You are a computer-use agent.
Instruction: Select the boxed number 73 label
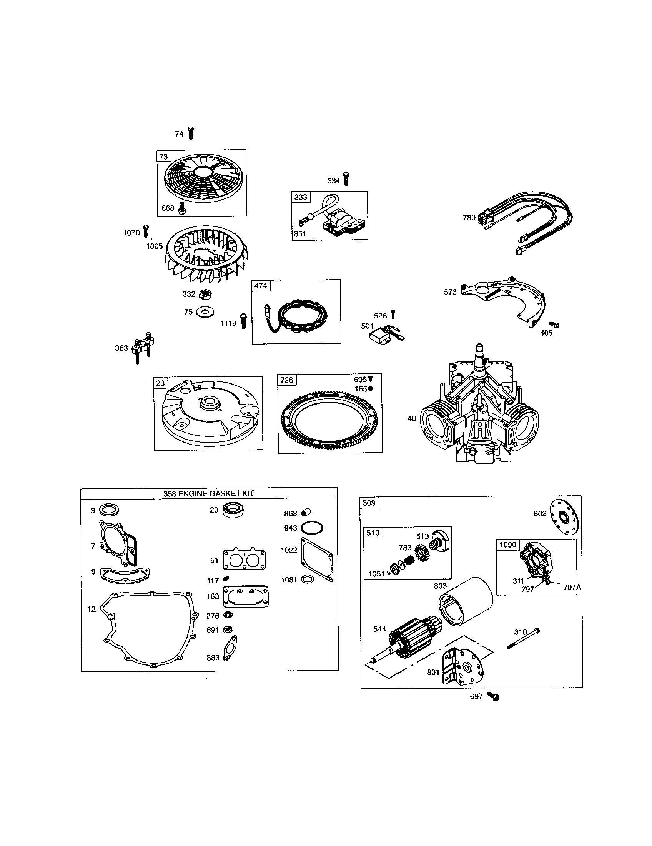pos(164,157)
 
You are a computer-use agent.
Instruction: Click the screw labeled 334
pos(346,179)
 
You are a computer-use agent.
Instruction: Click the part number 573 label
pos(450,292)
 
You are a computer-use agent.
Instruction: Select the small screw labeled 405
pos(554,325)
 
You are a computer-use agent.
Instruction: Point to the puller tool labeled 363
pos(143,346)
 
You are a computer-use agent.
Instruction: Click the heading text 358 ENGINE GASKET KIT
pos(208,493)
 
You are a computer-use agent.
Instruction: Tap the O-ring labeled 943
pos(312,528)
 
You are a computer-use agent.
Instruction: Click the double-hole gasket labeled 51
pos(244,560)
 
